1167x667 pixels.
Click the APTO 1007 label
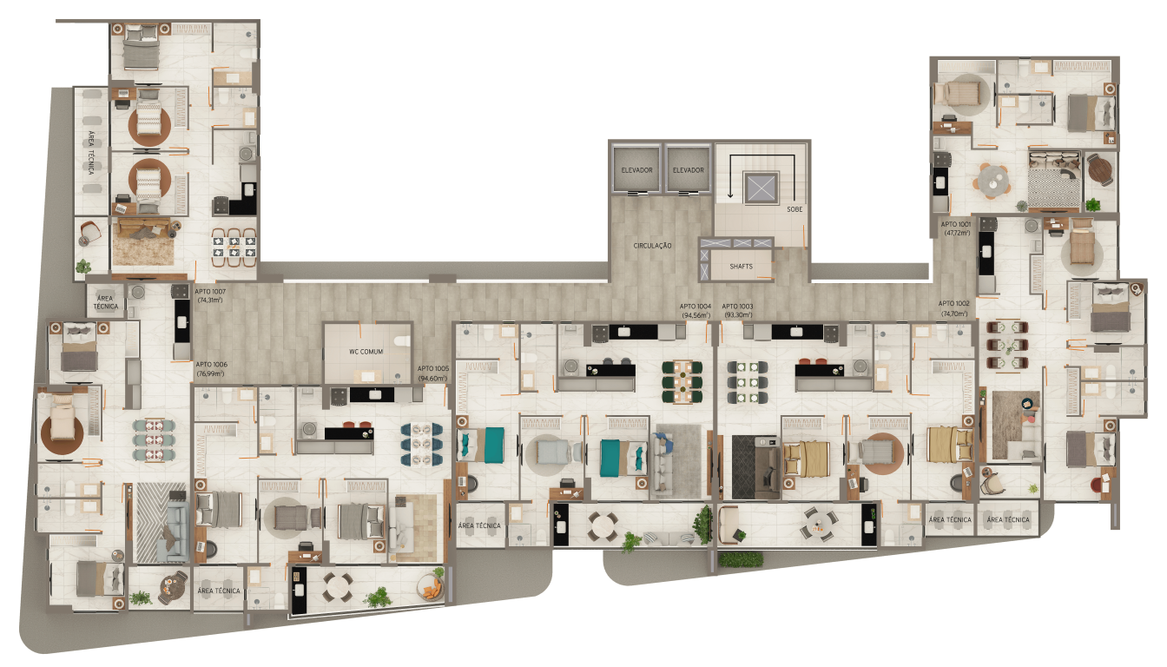coord(211,291)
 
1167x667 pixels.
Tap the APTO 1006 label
coord(211,365)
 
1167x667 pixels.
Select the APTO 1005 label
coord(433,369)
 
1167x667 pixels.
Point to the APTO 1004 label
coord(696,306)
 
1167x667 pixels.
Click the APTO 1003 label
coord(738,306)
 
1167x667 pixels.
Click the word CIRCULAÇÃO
coord(653,246)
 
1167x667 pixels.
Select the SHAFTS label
coord(741,267)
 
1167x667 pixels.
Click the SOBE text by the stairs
coord(794,210)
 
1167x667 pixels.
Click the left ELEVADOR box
coord(636,170)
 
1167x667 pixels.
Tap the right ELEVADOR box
coord(688,170)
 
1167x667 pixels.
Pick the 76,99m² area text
coord(211,374)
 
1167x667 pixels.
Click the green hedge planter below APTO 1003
coord(741,558)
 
